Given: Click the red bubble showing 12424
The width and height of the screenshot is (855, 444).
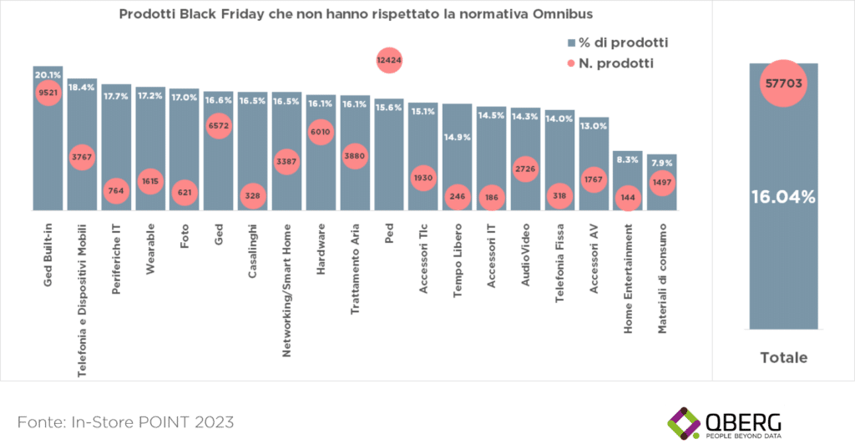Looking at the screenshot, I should coord(389,60).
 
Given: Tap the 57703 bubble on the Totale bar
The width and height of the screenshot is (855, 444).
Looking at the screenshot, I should coord(783,83).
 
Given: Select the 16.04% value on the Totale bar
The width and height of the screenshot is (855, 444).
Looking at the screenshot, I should coord(782,197).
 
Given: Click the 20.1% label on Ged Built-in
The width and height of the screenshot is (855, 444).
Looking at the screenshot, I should coord(48,75).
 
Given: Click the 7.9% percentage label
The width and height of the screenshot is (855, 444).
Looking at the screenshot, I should coord(660,163).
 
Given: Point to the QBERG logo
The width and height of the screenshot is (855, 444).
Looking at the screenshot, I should coord(725,422).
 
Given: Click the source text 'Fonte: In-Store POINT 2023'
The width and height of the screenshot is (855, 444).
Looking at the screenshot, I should coord(125,419).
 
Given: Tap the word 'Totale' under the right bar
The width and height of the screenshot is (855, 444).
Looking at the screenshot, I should coord(783,357).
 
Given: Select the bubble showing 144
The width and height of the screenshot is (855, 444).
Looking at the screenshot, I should coord(628,199).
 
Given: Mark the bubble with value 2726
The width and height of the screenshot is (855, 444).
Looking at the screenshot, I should coord(525,170).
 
